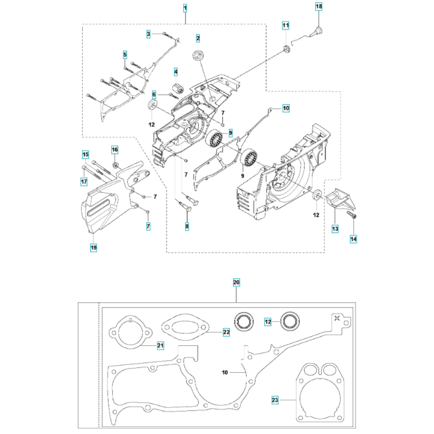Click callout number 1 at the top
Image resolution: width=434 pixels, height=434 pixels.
[x=185, y=8]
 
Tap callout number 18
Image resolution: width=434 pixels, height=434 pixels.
[x=319, y=7]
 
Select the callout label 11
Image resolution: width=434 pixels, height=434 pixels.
[x=286, y=26]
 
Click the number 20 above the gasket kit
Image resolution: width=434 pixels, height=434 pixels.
[x=237, y=283]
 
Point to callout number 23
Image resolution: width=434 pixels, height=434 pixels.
[x=275, y=400]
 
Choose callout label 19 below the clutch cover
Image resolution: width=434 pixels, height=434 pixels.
[x=94, y=247]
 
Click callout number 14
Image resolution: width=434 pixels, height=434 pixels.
[x=353, y=239]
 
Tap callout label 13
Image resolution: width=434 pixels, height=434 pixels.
[x=335, y=229]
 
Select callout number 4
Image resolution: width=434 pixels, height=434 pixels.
[x=176, y=72]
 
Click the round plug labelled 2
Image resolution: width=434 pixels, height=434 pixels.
[x=197, y=54]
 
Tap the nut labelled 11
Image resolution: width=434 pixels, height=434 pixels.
[x=286, y=49]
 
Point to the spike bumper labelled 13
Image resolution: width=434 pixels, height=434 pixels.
[x=341, y=199]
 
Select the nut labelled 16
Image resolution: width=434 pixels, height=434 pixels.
[x=115, y=165]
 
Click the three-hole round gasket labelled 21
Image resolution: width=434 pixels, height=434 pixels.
[x=131, y=332]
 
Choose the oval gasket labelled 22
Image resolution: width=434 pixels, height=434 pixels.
[x=186, y=327]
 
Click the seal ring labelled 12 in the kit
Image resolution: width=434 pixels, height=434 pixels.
[x=290, y=322]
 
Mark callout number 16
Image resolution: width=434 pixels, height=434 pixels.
[x=115, y=150]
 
